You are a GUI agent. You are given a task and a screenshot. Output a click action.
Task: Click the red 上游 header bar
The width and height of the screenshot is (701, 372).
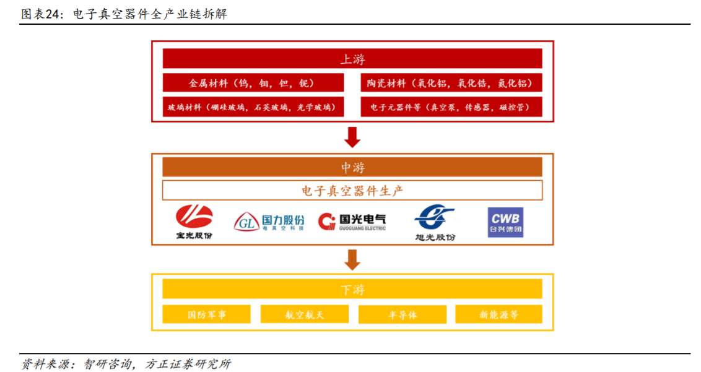pyautogui.click(x=352, y=59)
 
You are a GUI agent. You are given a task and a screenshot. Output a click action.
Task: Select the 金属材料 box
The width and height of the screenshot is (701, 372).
pyautogui.click(x=253, y=83)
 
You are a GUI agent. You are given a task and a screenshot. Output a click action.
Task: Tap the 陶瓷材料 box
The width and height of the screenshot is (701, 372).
pyautogui.click(x=451, y=83)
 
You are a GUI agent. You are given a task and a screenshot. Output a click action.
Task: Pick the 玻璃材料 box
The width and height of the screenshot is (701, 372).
pyautogui.click(x=253, y=106)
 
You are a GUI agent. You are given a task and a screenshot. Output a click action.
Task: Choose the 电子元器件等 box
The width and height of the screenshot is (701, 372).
pyautogui.click(x=451, y=106)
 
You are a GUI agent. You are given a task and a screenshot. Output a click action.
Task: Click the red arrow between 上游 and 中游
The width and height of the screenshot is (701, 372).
pyautogui.click(x=352, y=137)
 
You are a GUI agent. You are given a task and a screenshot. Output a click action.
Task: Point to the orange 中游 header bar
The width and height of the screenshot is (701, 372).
pyautogui.click(x=352, y=167)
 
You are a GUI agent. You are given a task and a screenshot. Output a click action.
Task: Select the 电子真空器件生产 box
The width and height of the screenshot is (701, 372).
pyautogui.click(x=352, y=190)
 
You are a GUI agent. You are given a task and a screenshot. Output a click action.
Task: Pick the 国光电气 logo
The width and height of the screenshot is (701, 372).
pyautogui.click(x=352, y=221)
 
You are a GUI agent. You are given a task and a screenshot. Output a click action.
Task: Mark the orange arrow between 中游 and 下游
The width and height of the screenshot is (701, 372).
pyautogui.click(x=352, y=259)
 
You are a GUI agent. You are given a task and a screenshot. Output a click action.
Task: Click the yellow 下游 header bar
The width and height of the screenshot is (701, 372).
pyautogui.click(x=352, y=289)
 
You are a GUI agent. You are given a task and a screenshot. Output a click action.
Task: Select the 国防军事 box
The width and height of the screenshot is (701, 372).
pyautogui.click(x=207, y=314)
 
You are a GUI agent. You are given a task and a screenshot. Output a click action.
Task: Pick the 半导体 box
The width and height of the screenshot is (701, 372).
pyautogui.click(x=402, y=314)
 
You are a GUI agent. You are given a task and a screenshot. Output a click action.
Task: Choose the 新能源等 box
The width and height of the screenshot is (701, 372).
pyautogui.click(x=499, y=314)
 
